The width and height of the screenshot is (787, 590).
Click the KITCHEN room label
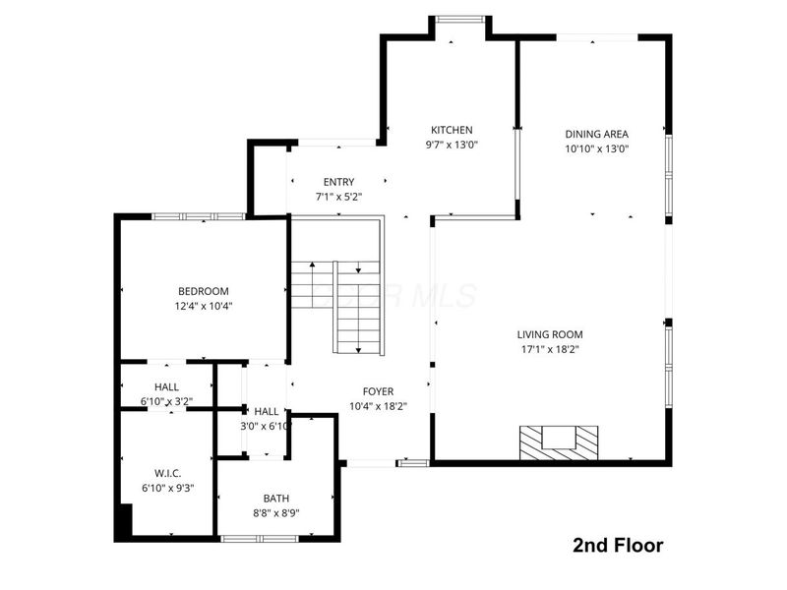(x=452, y=130)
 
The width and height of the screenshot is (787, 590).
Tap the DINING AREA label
(x=596, y=134)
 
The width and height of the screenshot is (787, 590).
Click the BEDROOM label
(x=203, y=291)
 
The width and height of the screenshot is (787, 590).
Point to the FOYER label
(x=378, y=391)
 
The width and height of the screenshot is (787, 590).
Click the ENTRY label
(x=338, y=182)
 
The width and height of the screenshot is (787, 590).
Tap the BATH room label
(x=276, y=499)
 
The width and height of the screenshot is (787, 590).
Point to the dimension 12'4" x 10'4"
(x=203, y=306)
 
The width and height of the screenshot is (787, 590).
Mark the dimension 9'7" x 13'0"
(x=452, y=146)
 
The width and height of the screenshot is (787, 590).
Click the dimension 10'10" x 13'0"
(x=596, y=149)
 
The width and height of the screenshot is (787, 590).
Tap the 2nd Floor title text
(x=618, y=545)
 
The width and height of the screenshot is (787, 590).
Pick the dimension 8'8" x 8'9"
(x=276, y=513)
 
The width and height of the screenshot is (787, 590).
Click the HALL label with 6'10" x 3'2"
(x=166, y=386)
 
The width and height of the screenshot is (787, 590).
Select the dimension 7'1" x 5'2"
(x=338, y=197)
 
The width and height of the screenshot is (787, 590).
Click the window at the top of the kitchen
(x=460, y=18)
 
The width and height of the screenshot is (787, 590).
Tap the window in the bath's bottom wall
(x=259, y=538)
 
